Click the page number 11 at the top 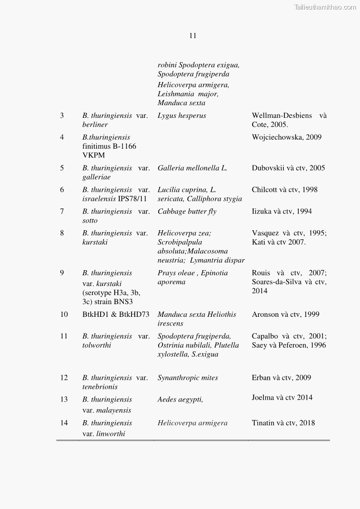click(x=193, y=36)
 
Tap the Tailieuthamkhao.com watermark click(x=325, y=7)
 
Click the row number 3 click(x=62, y=116)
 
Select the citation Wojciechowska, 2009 click(x=287, y=137)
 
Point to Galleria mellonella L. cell click(x=192, y=168)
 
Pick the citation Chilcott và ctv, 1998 click(x=285, y=190)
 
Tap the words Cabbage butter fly click(x=187, y=212)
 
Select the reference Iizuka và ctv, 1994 click(x=282, y=212)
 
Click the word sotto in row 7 click(x=90, y=221)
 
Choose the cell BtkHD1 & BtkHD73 click(x=116, y=315)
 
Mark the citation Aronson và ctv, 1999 click(x=286, y=315)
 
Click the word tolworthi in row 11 click(x=97, y=345)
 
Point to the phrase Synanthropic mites click(x=188, y=378)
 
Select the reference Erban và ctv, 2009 click(x=282, y=378)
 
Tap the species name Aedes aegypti click(x=180, y=400)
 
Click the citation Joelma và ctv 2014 click(x=282, y=398)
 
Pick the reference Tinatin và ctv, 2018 click(x=283, y=423)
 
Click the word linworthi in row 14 click(x=111, y=434)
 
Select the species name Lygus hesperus click(x=182, y=116)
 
